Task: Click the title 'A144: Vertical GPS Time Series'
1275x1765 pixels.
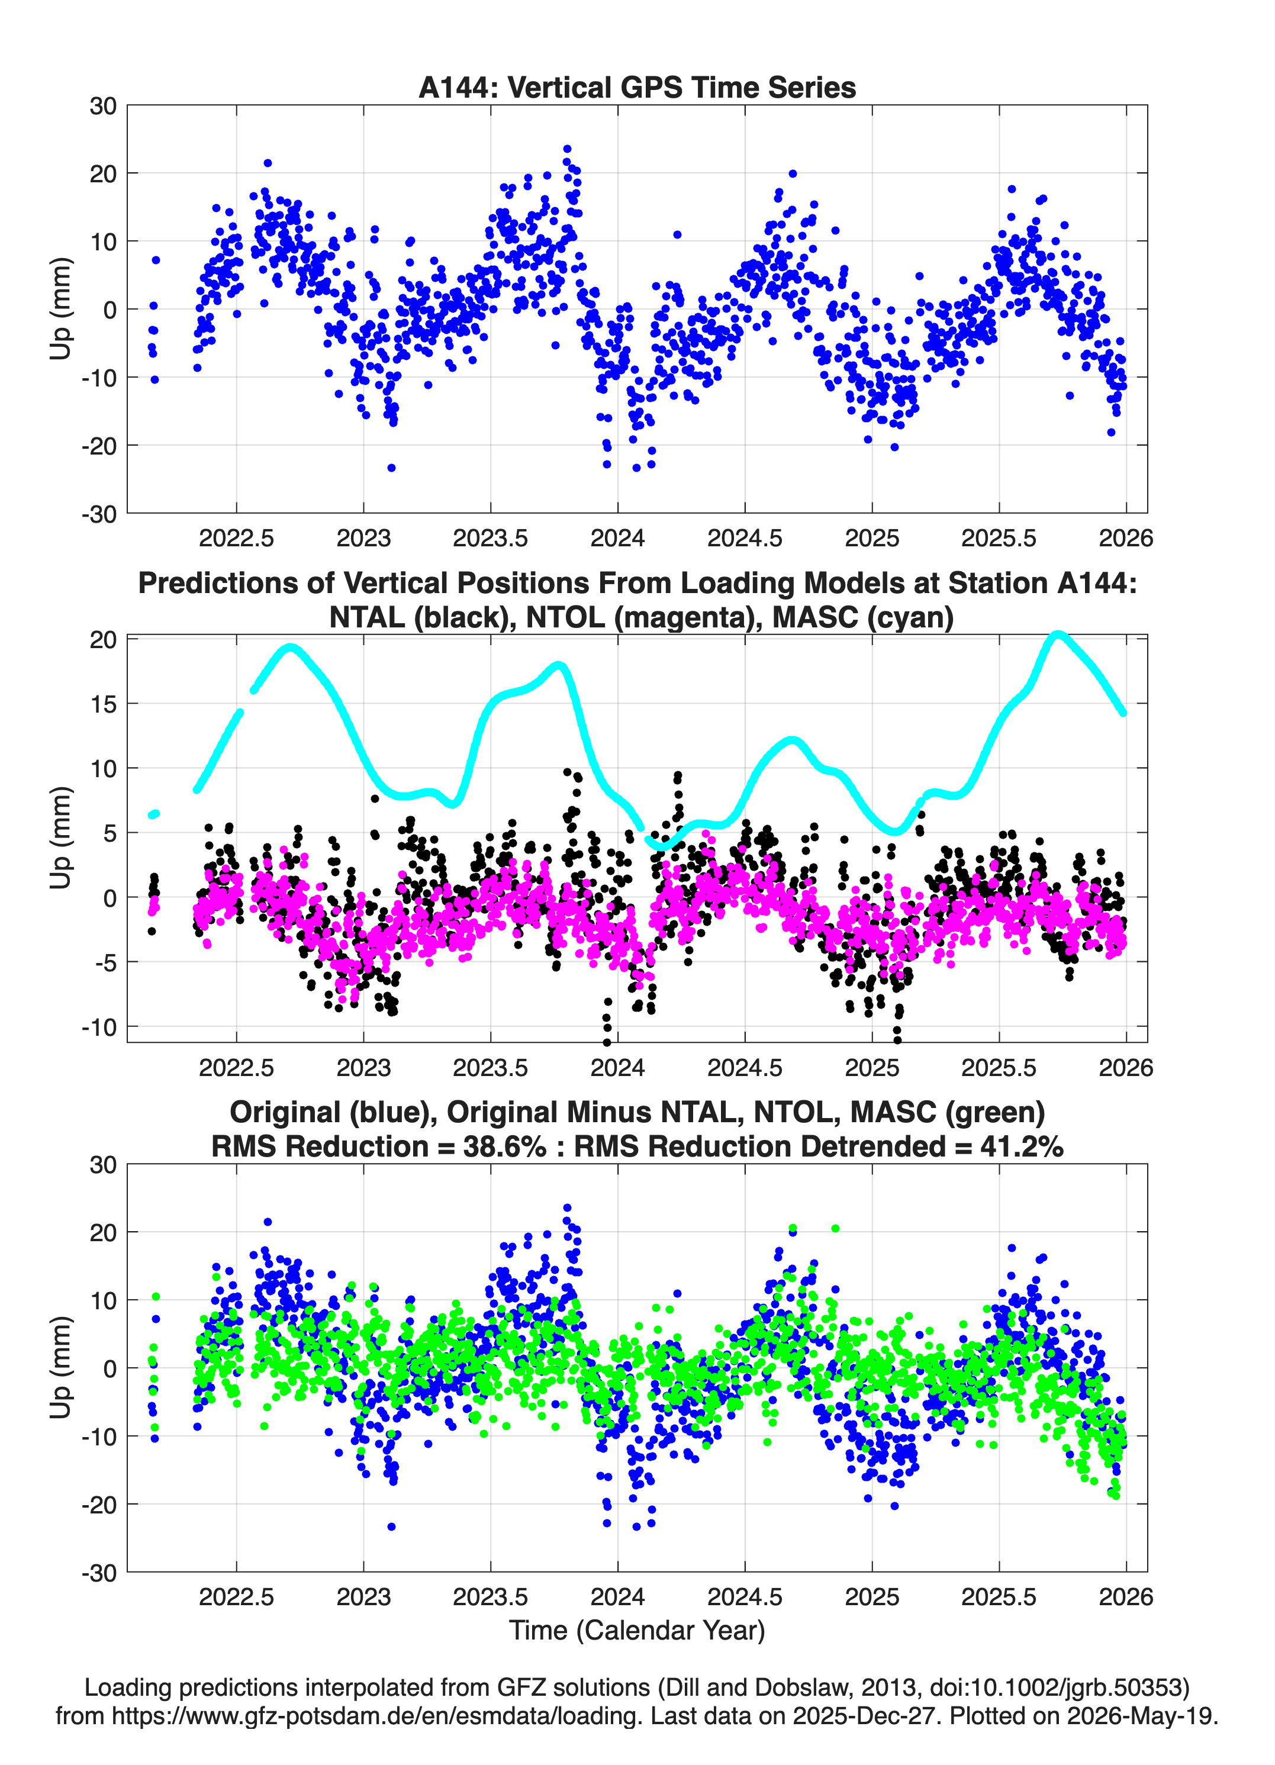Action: point(637,87)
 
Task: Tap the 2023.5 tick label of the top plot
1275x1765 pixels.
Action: point(490,538)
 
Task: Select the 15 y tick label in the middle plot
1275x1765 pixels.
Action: point(104,704)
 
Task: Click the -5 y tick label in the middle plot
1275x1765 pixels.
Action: point(99,962)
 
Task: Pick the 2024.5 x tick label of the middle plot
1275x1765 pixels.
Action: point(745,1067)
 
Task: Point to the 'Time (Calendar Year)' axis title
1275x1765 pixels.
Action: point(637,1631)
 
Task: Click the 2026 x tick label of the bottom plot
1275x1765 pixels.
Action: point(1126,1596)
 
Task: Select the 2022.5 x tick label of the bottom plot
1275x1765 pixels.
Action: point(237,1596)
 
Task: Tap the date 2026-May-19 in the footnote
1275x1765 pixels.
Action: point(1142,1715)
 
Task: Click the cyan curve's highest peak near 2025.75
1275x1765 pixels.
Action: point(1056,635)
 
